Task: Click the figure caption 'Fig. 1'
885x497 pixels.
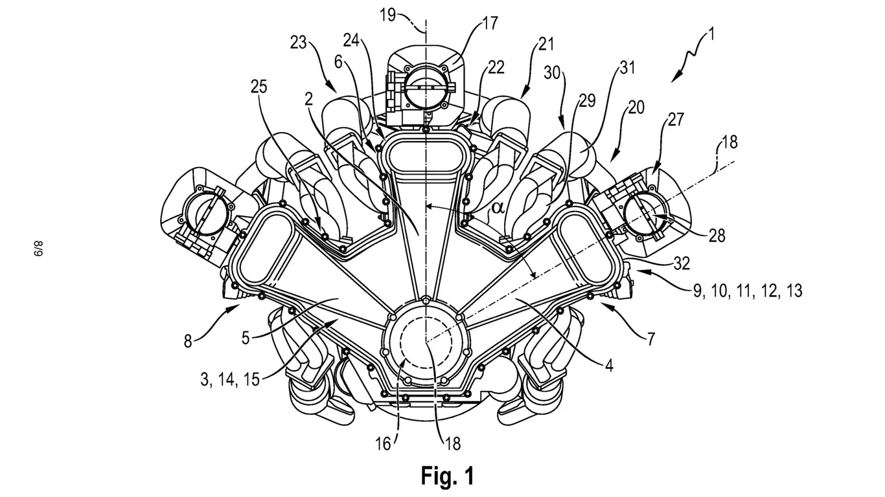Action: point(448,476)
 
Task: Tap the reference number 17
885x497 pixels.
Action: point(490,24)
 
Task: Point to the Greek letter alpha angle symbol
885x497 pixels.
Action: point(498,208)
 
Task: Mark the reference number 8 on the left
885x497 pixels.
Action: point(188,341)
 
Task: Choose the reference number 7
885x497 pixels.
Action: point(650,338)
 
